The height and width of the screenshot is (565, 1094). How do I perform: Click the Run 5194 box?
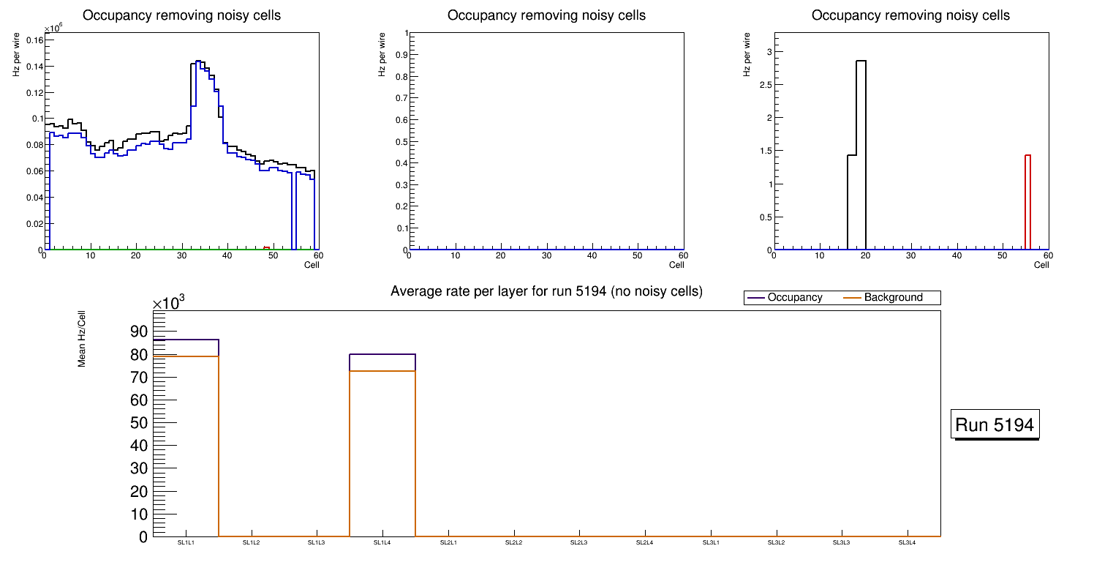click(996, 424)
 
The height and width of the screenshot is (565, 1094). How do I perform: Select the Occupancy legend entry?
click(794, 298)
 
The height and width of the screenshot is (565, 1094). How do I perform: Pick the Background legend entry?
click(893, 298)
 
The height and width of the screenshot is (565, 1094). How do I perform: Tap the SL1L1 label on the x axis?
click(186, 543)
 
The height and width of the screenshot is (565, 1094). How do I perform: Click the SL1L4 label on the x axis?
click(382, 543)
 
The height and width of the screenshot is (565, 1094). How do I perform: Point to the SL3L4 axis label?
click(908, 543)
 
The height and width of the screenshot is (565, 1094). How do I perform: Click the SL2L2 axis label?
click(514, 543)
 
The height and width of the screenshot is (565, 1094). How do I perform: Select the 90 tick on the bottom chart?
click(139, 332)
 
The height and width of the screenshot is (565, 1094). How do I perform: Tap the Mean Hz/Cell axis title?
click(82, 339)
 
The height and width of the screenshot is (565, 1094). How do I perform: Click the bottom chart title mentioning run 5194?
click(546, 291)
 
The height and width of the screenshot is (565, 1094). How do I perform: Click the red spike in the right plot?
click(1027, 201)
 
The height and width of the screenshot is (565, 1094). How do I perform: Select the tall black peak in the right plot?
click(861, 154)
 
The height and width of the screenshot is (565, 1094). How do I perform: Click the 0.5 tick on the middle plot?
click(399, 141)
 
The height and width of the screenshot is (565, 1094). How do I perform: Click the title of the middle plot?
click(546, 15)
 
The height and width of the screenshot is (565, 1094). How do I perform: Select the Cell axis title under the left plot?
click(312, 265)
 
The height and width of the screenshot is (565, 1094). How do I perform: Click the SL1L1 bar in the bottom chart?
click(186, 439)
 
